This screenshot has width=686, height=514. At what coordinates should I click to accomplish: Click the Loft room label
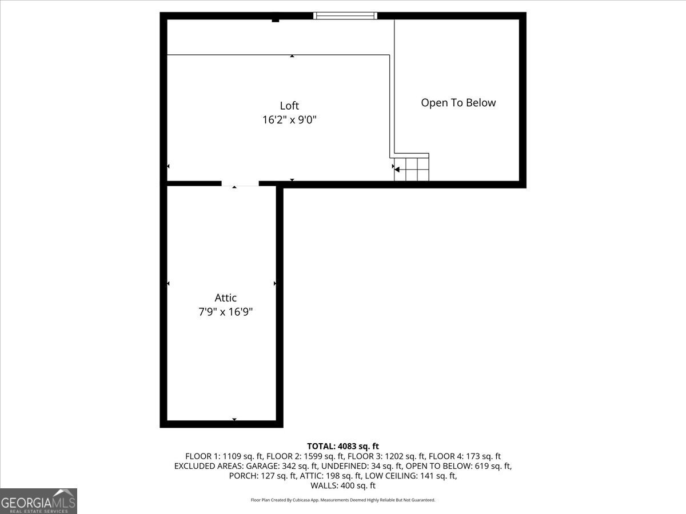pyautogui.click(x=289, y=106)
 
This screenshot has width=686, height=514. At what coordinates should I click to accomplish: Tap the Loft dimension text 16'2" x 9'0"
pyautogui.click(x=289, y=120)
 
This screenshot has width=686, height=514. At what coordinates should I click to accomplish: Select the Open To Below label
pyautogui.click(x=458, y=103)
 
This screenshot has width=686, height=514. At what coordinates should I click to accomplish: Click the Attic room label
pyautogui.click(x=226, y=298)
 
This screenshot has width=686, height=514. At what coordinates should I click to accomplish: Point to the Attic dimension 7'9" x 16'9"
pyautogui.click(x=226, y=312)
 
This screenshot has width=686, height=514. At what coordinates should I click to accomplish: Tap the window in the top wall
pyautogui.click(x=345, y=15)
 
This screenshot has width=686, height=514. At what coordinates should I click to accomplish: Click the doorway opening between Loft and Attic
pyautogui.click(x=240, y=184)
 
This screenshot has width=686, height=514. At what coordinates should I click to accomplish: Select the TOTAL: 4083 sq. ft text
pyautogui.click(x=343, y=446)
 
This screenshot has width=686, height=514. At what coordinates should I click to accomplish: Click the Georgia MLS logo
pyautogui.click(x=38, y=501)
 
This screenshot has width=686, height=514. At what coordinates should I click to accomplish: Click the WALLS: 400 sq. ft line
pyautogui.click(x=343, y=485)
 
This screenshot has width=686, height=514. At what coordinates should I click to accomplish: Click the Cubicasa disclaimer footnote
pyautogui.click(x=343, y=500)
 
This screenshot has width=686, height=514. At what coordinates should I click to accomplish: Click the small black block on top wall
pyautogui.click(x=276, y=20)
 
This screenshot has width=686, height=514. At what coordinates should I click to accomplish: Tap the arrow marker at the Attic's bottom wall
pyautogui.click(x=234, y=420)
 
